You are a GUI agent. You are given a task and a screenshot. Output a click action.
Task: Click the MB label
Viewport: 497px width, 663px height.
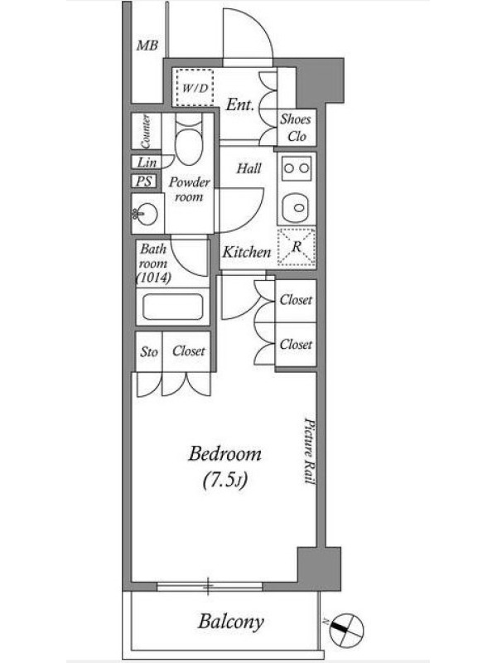coord(147,46)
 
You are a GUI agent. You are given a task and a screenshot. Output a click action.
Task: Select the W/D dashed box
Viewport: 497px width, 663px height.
coord(195,88)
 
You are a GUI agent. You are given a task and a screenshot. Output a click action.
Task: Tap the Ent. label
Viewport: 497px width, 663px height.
coord(239,104)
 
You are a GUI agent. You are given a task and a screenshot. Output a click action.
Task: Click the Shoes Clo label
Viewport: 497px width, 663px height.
coord(296,128)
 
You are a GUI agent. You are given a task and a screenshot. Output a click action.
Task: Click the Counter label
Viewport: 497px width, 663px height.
coord(146,131)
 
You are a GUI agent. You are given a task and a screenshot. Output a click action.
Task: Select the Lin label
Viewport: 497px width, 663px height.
coord(147,162)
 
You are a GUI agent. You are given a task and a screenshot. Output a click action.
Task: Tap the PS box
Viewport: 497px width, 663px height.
coord(143,181)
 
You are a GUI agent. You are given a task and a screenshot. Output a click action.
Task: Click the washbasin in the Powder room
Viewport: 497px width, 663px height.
coord(144,214)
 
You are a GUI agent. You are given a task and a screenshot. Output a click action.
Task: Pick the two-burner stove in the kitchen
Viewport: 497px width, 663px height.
coord(297,168)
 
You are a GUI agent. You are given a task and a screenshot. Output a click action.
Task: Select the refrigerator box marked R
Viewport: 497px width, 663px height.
coord(297,247)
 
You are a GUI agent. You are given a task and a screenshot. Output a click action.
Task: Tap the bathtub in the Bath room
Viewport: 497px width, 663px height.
coord(172,307)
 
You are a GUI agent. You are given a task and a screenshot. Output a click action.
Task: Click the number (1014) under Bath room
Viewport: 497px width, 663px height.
coord(153,278)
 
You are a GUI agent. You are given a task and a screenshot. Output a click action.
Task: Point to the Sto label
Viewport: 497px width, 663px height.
coord(149,351)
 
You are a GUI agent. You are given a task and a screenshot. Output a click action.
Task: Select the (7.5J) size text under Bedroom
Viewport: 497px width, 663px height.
coord(225,480)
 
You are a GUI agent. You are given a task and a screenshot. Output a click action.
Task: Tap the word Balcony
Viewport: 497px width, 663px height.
coord(231,622)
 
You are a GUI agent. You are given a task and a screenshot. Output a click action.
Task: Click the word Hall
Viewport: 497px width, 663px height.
coord(248,169)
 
